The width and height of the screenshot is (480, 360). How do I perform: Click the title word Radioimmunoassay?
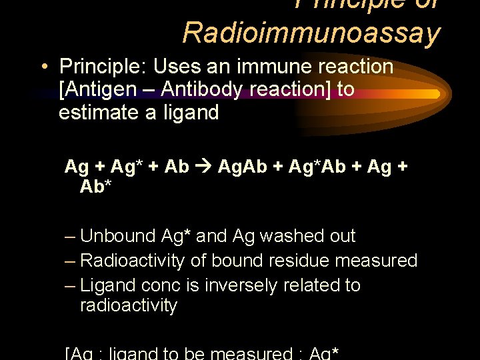(311, 32)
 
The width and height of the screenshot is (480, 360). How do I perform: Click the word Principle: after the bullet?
(103, 67)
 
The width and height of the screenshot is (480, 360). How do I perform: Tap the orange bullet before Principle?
(43, 67)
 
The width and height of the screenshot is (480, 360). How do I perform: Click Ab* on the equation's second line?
(95, 187)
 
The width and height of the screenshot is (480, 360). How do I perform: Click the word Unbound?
(117, 236)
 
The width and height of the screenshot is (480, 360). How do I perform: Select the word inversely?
(239, 285)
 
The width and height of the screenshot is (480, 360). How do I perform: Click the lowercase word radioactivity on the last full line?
(129, 306)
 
